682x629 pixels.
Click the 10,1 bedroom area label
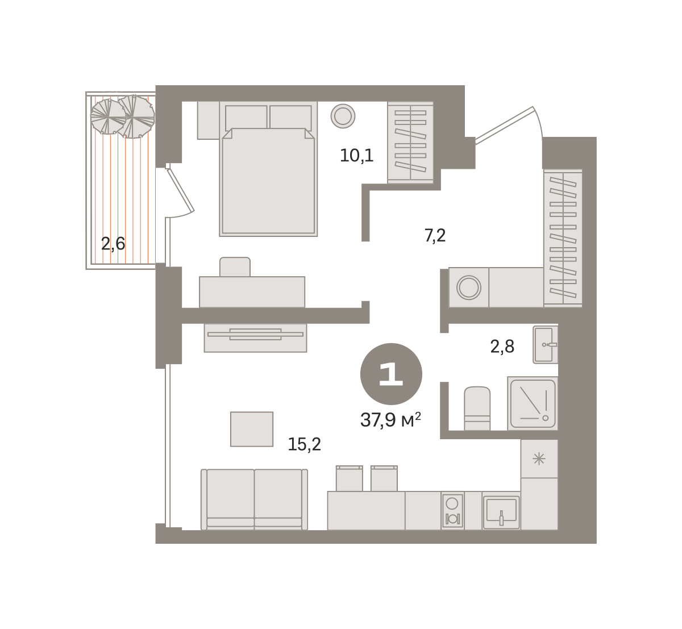pyautogui.click(x=356, y=156)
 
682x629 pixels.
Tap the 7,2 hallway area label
pyautogui.click(x=435, y=236)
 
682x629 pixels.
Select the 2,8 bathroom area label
pyautogui.click(x=502, y=347)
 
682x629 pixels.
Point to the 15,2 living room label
pyautogui.click(x=304, y=444)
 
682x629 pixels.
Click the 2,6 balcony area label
pyautogui.click(x=113, y=244)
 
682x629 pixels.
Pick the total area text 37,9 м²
pyautogui.click(x=390, y=420)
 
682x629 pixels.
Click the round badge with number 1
pyautogui.click(x=391, y=374)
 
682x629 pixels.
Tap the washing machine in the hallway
pyautogui.click(x=469, y=288)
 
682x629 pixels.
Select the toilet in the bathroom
pyautogui.click(x=477, y=408)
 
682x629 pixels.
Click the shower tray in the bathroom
pyautogui.click(x=533, y=403)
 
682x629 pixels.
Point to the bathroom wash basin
pyautogui.click(x=546, y=345)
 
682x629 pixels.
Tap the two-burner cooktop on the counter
pyautogui.click(x=452, y=511)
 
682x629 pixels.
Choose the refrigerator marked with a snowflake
pyautogui.click(x=539, y=459)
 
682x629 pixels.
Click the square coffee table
pyautogui.click(x=252, y=429)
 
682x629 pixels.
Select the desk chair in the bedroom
pyautogui.click(x=235, y=267)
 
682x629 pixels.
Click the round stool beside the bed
pyautogui.click(x=343, y=116)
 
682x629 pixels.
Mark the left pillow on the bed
pyautogui.click(x=246, y=118)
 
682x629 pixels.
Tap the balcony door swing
pyautogui.click(x=180, y=191)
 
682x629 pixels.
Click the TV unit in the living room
pyautogui.click(x=256, y=338)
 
